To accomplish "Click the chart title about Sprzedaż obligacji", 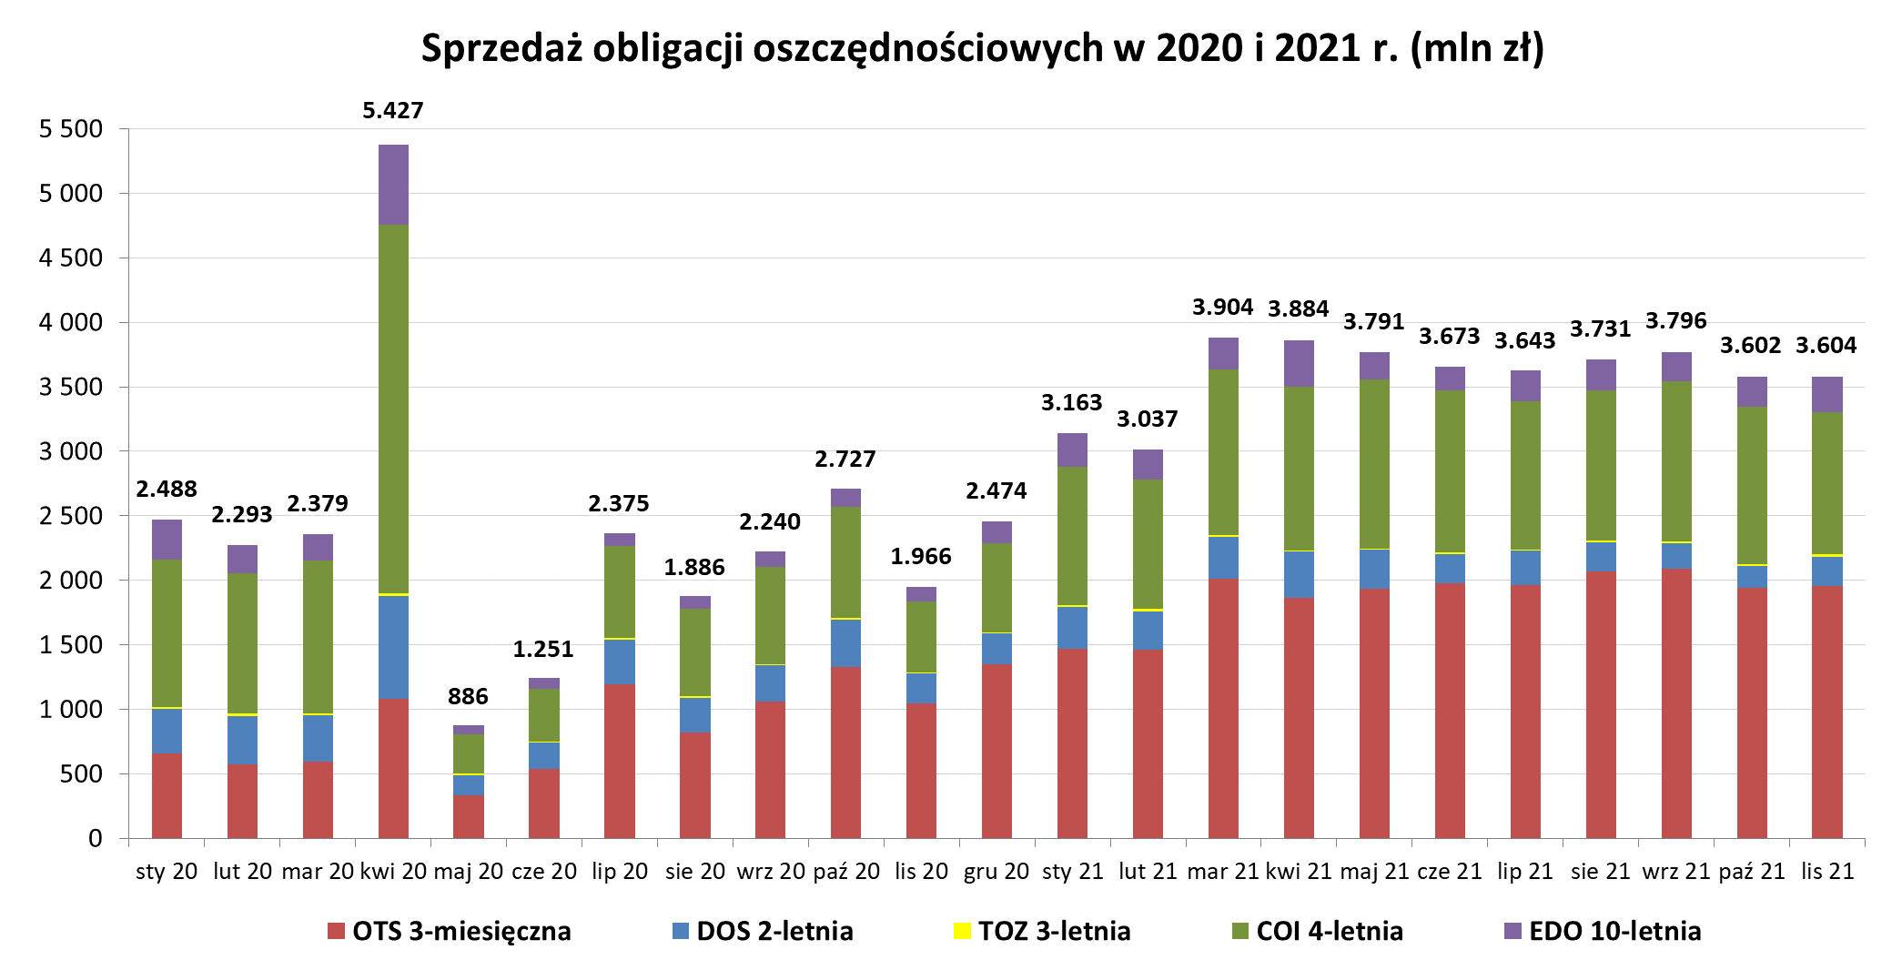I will coord(982,48).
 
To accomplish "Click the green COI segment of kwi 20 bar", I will coord(393,409).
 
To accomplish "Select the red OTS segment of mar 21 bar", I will coord(1223,708).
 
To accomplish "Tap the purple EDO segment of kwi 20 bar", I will coord(393,185).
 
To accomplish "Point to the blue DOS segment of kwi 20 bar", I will coord(393,647).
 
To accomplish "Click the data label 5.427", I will coord(393,111).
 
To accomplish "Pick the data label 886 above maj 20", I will coord(468,697).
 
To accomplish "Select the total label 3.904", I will coord(1222,308).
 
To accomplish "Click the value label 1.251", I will coord(543,650).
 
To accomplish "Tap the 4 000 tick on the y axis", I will coord(71,323).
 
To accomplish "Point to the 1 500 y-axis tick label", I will coord(71,645).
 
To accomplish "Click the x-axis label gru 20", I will coord(996,872).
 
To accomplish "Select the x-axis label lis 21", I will coord(1827,872).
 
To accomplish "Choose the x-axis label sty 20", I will coord(167,872).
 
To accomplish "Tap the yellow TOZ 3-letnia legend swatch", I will coord(962,931).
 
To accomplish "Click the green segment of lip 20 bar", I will coord(620,591).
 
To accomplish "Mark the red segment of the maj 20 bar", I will coord(469,816).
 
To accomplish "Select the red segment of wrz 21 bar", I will coord(1676,703).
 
